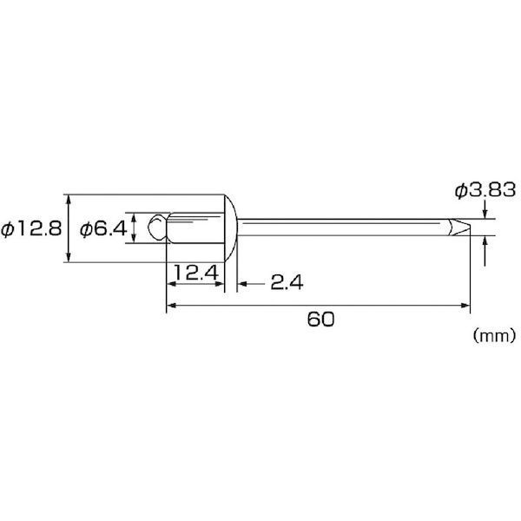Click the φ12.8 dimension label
tap(31, 229)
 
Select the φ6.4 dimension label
tap(103, 229)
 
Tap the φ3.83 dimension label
tap(485, 190)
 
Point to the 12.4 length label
tap(196, 273)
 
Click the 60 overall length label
tap(320, 320)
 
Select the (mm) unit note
tap(495, 335)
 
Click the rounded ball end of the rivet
tap(157, 228)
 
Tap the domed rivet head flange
tap(231, 228)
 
